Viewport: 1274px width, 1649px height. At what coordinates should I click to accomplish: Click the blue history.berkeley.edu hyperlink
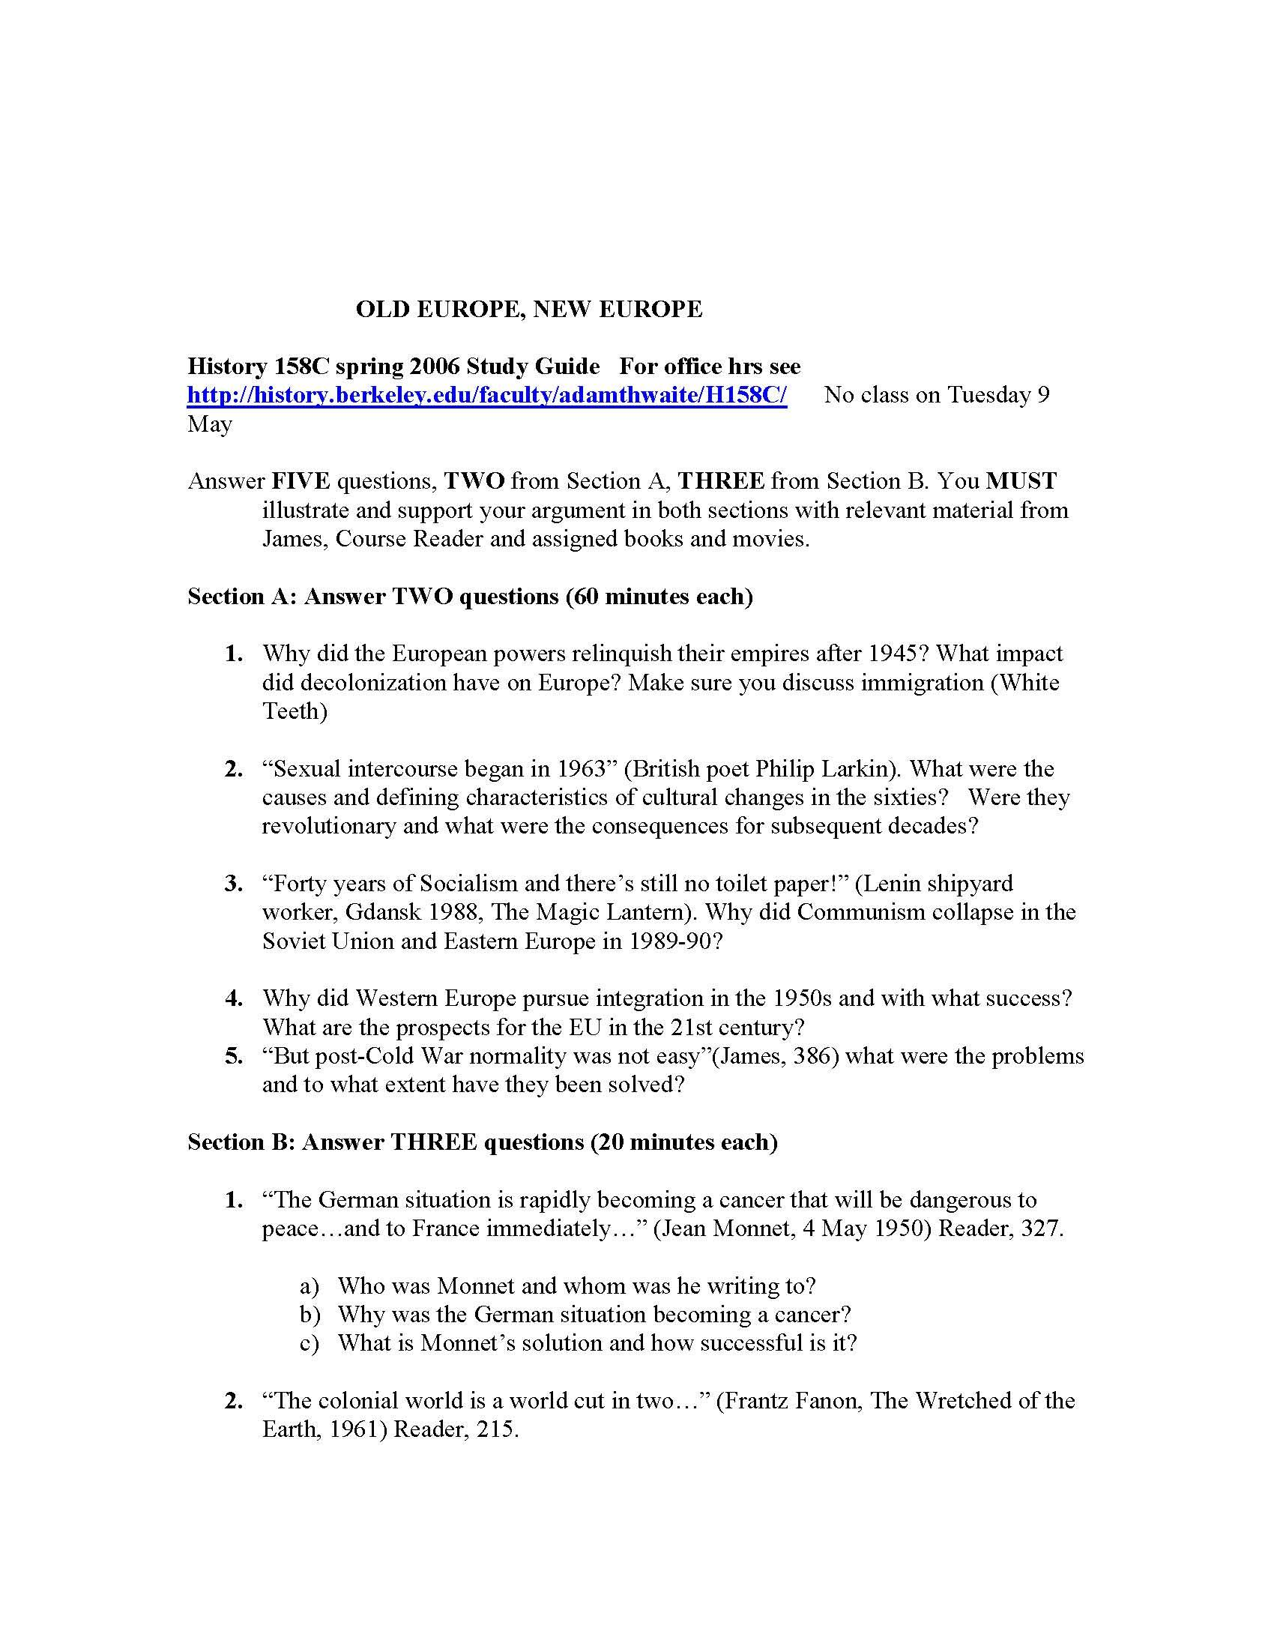[x=487, y=395]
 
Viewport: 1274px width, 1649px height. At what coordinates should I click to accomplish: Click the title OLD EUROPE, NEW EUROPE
[x=528, y=309]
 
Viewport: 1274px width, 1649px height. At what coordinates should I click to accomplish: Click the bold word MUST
[x=1021, y=481]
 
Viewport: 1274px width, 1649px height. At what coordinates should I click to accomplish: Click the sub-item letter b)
[x=310, y=1315]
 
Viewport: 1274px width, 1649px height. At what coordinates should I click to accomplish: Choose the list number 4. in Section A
[x=234, y=998]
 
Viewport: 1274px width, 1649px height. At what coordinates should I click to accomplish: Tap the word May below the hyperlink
[x=209, y=424]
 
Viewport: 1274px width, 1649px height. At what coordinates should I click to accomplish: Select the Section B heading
[x=483, y=1142]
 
